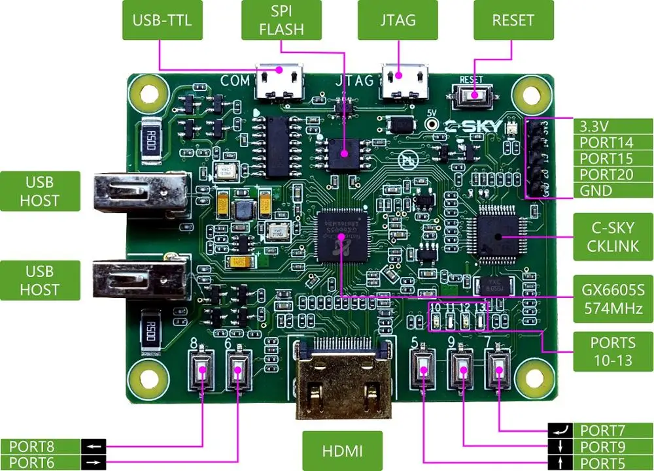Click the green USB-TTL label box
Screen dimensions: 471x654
pos(162,20)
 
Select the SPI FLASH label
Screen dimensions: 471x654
pos(281,20)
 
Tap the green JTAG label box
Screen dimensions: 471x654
pos(398,20)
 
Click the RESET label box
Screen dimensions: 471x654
pos(513,20)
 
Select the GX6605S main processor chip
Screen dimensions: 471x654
pos(341,233)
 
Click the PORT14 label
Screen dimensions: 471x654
pos(606,142)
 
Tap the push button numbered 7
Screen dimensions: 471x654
pos(500,370)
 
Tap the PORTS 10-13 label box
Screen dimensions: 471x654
pos(613,351)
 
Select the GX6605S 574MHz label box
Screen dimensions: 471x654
pos(613,298)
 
